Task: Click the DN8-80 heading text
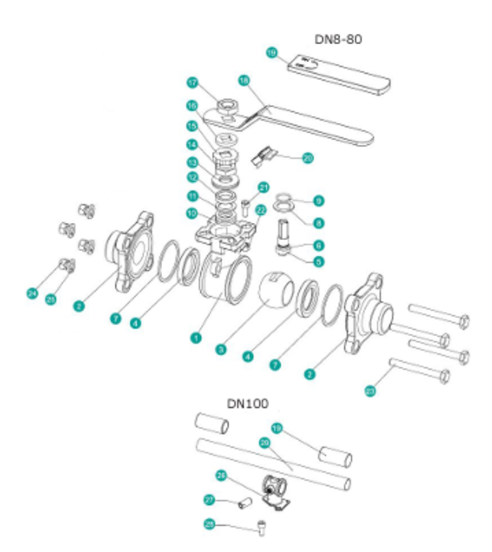[338, 39]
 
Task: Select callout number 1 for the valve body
[196, 337]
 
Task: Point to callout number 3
[221, 349]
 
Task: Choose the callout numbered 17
[193, 83]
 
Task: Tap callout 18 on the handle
[243, 80]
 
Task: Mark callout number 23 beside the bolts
[371, 391]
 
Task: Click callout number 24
[32, 293]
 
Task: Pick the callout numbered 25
[50, 298]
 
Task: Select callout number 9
[318, 201]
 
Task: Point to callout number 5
[318, 262]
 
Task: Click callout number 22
[260, 209]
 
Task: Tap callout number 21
[263, 187]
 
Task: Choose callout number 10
[191, 213]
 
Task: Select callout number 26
[222, 475]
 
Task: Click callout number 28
[209, 524]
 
